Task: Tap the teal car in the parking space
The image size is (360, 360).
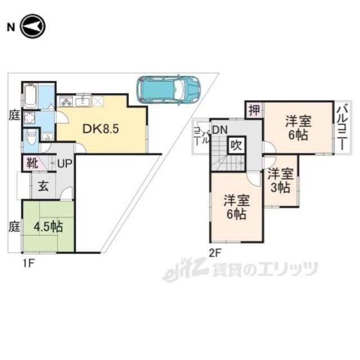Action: [x=168, y=88]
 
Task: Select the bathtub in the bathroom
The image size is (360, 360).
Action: [x=30, y=96]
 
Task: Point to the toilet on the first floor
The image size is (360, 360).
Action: [x=32, y=137]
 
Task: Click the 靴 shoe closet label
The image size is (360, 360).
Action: [x=30, y=165]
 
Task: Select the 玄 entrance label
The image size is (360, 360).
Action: [x=43, y=187]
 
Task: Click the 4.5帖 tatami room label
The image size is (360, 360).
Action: [x=48, y=228]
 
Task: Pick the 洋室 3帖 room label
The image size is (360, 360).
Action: [x=280, y=180]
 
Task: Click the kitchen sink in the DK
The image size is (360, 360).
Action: [x=84, y=102]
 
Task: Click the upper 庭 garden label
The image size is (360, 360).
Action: [x=13, y=113]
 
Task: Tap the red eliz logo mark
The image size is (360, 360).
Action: [x=179, y=271]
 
